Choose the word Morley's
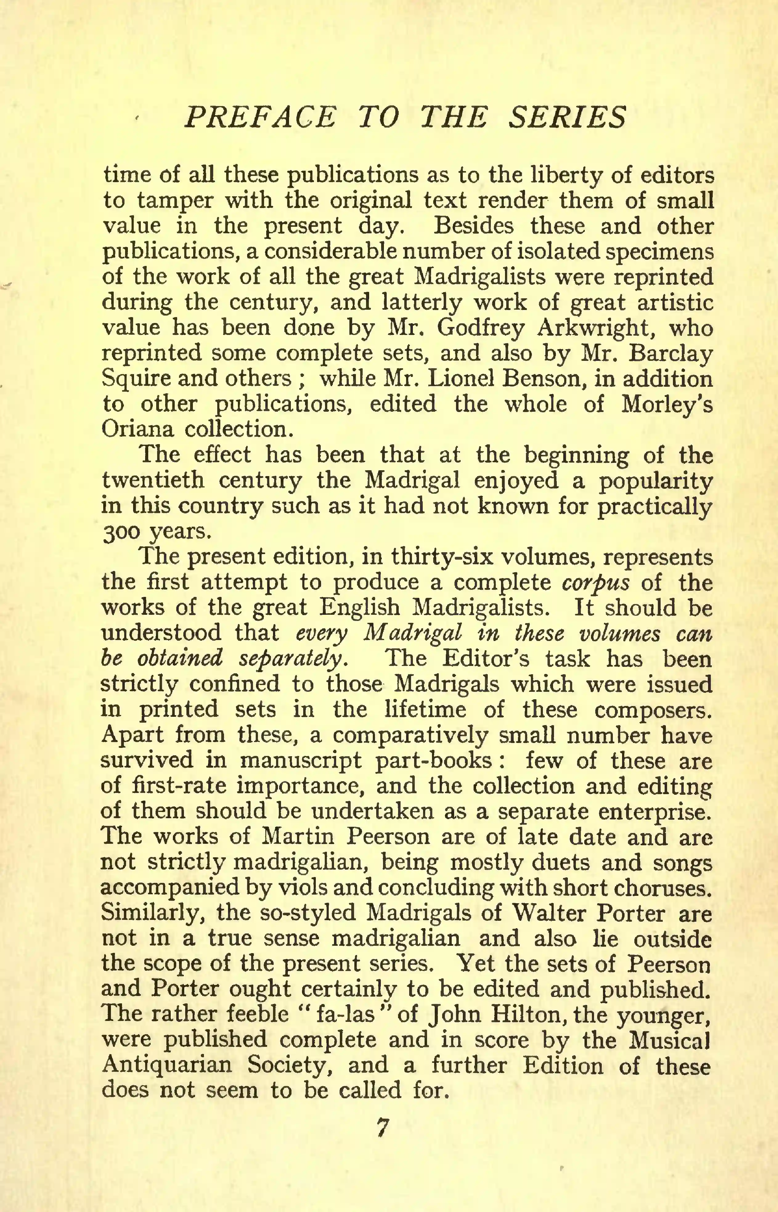click(666, 404)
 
